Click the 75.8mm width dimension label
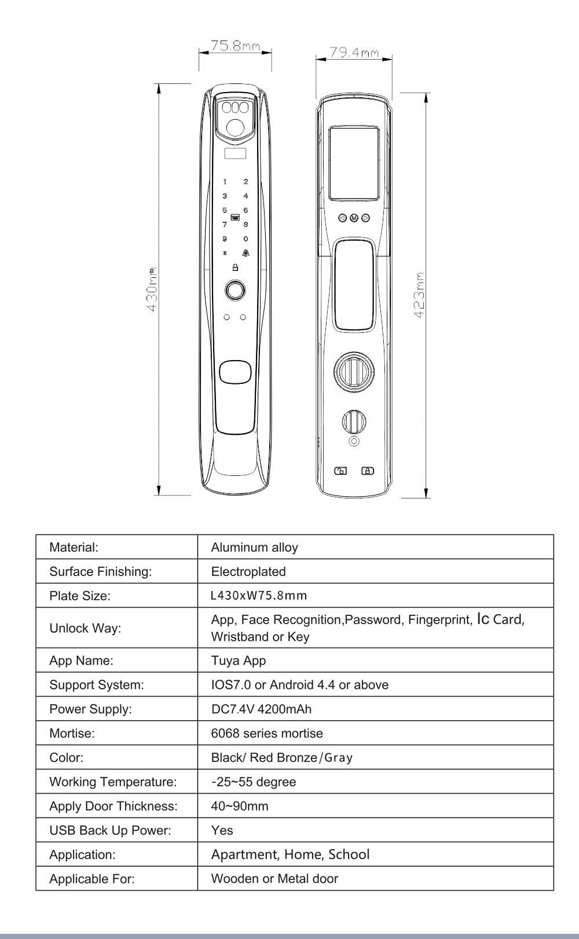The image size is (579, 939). (x=235, y=46)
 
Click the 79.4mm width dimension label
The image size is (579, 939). (x=354, y=52)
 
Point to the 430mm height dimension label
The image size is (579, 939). (x=152, y=289)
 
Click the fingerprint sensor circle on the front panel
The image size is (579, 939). (x=234, y=290)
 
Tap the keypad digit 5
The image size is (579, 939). (x=225, y=211)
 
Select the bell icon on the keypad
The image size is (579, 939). (x=245, y=253)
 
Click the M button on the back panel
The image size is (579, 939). (x=354, y=218)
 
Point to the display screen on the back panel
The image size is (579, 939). (x=354, y=163)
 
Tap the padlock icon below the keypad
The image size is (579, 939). (x=235, y=267)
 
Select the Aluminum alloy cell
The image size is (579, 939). (x=255, y=547)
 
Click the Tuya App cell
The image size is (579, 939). (x=239, y=661)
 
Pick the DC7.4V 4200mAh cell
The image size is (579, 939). (x=262, y=709)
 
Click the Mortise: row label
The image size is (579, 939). (x=72, y=733)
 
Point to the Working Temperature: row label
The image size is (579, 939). (x=113, y=782)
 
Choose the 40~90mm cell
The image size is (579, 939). (x=240, y=806)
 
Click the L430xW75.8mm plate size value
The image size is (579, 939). (x=259, y=596)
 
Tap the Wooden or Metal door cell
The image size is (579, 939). (x=274, y=879)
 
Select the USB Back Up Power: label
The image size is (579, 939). (x=110, y=831)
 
